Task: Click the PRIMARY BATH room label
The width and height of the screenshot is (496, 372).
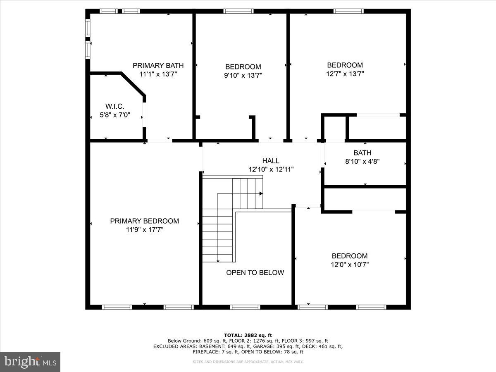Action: pyautogui.click(x=158, y=65)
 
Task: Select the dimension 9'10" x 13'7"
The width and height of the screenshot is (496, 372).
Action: pyautogui.click(x=243, y=75)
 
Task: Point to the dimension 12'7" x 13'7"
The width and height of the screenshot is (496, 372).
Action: pyautogui.click(x=345, y=74)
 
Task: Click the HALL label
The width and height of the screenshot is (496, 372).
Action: pyautogui.click(x=271, y=161)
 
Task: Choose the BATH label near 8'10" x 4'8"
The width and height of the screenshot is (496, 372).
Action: pyautogui.click(x=362, y=153)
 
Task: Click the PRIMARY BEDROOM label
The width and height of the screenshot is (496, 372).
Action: pyautogui.click(x=144, y=221)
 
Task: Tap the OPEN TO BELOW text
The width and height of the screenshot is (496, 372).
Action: pyautogui.click(x=255, y=273)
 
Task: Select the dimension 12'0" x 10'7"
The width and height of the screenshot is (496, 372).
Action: pyautogui.click(x=350, y=265)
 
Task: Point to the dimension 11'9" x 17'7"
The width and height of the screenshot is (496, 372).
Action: pyautogui.click(x=145, y=230)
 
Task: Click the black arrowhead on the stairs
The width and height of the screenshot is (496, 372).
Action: pyautogui.click(x=261, y=193)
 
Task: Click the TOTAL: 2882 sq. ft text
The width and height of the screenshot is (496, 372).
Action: pyautogui.click(x=248, y=335)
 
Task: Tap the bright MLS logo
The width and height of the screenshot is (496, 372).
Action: pyautogui.click(x=30, y=362)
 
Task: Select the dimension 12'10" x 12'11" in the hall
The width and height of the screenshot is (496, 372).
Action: pyautogui.click(x=271, y=169)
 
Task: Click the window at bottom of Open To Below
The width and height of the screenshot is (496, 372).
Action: pyautogui.click(x=245, y=307)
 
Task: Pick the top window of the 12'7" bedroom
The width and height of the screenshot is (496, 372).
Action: pyautogui.click(x=348, y=11)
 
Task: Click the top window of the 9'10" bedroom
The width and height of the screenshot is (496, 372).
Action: pyautogui.click(x=238, y=11)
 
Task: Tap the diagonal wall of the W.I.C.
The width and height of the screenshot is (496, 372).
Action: pyautogui.click(x=133, y=84)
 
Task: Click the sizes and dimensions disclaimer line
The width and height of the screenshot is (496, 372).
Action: pyautogui.click(x=248, y=362)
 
